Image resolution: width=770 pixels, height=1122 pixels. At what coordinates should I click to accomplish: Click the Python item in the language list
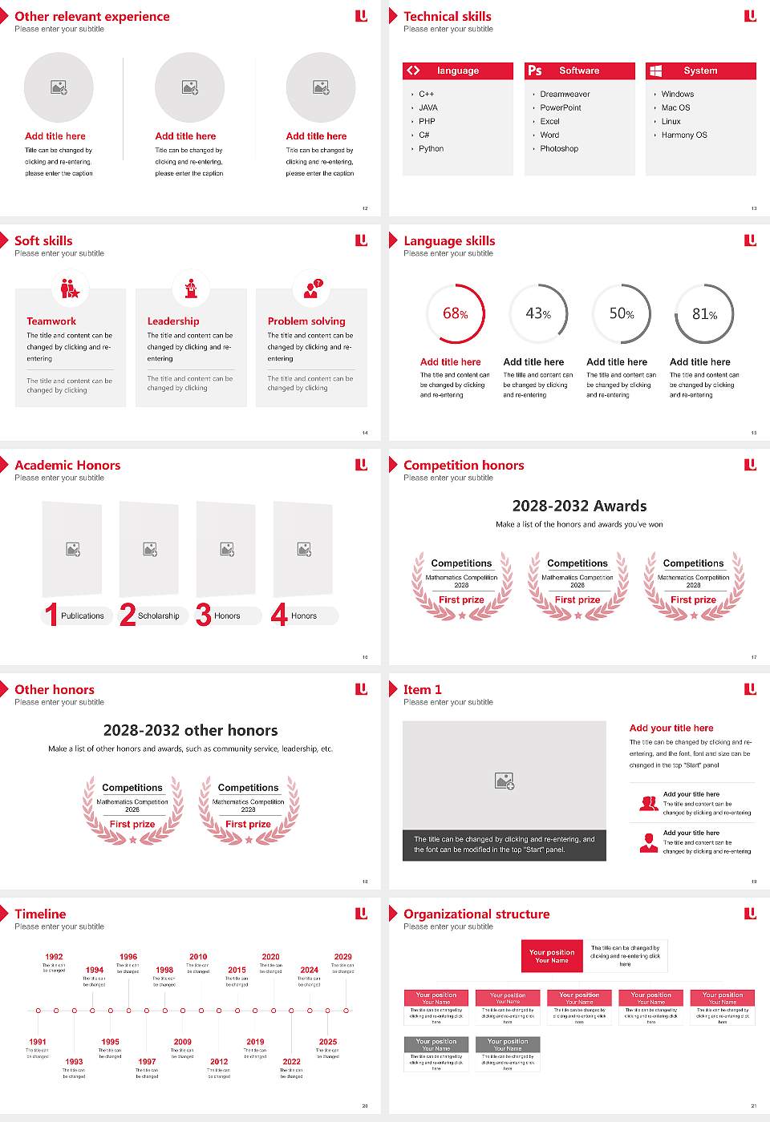pos(431,149)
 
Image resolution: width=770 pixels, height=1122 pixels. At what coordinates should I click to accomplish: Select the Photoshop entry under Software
pos(559,149)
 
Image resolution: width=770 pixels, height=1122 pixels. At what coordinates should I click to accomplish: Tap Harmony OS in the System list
pos(684,135)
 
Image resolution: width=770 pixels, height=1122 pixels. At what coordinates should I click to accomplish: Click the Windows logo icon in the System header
pos(655,71)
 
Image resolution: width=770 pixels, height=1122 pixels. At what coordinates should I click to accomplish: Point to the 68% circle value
pos(455,314)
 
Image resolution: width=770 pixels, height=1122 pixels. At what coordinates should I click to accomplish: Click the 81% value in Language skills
pos(704,314)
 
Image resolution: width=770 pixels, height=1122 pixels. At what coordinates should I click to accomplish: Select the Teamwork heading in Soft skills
pos(51,321)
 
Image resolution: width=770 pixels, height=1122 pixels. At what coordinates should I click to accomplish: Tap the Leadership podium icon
pos(191,288)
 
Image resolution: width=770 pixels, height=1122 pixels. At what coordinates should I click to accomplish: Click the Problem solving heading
pos(306,321)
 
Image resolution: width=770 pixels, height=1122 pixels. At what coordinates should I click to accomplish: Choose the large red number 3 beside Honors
pos(204,615)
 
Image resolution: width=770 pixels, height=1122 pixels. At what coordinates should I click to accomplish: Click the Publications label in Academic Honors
pos(83,616)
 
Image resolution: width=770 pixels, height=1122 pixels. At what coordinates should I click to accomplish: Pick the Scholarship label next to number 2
pos(159,616)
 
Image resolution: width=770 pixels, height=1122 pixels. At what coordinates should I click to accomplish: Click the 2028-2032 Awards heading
pos(579,507)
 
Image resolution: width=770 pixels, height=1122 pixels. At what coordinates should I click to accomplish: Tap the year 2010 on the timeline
pos(198,957)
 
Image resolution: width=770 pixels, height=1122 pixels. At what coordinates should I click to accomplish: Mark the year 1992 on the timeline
pos(54,957)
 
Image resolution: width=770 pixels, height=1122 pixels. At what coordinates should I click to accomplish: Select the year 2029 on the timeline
pos(342,957)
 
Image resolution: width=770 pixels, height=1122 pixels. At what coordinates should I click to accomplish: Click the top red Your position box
pos(552,956)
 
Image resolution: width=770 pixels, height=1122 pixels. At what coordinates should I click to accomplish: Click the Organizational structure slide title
pos(476,914)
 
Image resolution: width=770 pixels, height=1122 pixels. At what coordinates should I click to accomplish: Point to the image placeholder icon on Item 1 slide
pos(505,781)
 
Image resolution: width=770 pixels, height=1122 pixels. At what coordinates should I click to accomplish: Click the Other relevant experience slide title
pos(92,17)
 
